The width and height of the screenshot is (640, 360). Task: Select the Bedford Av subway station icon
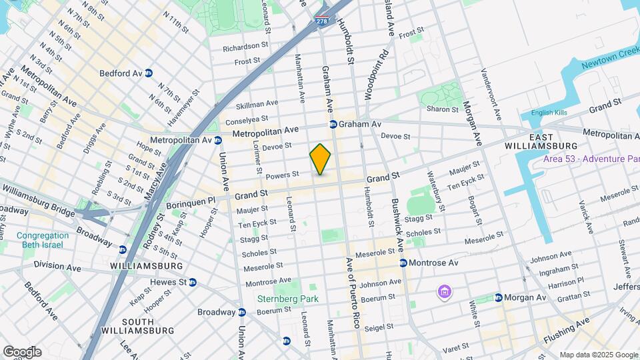(149, 73)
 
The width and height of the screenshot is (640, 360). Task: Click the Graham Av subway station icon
(333, 125)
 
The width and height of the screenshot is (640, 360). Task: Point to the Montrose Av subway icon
(403, 263)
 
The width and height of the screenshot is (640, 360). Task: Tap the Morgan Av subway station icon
(498, 297)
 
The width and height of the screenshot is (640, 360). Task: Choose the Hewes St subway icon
(193, 282)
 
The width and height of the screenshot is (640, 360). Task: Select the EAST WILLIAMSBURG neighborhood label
(550, 141)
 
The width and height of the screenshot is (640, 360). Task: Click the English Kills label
(549, 113)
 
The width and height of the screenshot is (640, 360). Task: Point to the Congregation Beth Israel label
(43, 240)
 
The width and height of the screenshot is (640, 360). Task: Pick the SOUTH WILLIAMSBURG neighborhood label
(137, 326)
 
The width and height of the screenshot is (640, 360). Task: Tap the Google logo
(22, 351)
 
